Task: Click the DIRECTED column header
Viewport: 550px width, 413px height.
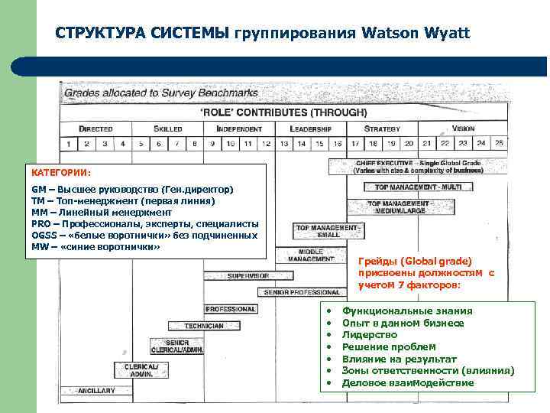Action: (95, 128)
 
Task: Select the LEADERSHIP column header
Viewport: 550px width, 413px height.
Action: (310, 128)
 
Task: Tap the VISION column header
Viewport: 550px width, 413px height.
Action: (463, 128)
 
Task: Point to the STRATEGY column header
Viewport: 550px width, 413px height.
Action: (382, 128)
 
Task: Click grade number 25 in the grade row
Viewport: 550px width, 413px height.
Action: (499, 143)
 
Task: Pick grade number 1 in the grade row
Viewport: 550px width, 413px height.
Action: (69, 143)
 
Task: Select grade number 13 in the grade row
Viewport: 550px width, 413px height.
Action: (283, 143)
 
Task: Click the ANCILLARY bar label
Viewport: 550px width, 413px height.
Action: (95, 390)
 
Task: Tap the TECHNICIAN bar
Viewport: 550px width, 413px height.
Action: (204, 326)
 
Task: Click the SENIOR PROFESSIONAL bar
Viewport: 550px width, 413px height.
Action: (302, 292)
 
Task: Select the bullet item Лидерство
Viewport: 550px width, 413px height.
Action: (370, 335)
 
